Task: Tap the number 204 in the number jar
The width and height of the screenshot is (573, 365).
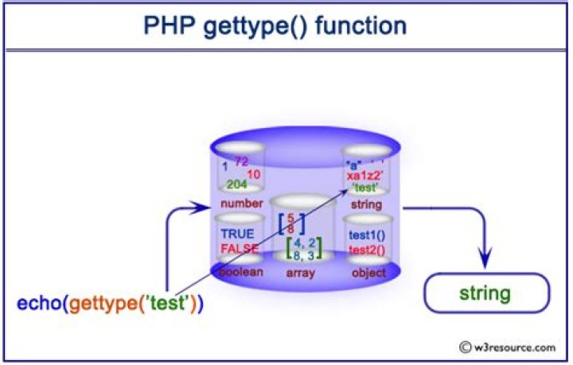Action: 237,184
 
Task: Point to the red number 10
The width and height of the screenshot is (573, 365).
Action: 254,173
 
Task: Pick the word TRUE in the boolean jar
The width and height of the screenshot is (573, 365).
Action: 237,235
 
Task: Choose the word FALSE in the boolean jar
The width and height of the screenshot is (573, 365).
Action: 240,248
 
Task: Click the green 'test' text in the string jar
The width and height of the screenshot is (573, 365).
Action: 366,188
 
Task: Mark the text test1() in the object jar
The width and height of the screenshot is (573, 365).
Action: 367,235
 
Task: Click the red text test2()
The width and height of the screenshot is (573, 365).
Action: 367,250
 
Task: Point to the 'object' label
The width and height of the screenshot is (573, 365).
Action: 367,273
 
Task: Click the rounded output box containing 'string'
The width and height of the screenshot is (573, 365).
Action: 484,294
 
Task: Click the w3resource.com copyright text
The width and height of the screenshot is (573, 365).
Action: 509,347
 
